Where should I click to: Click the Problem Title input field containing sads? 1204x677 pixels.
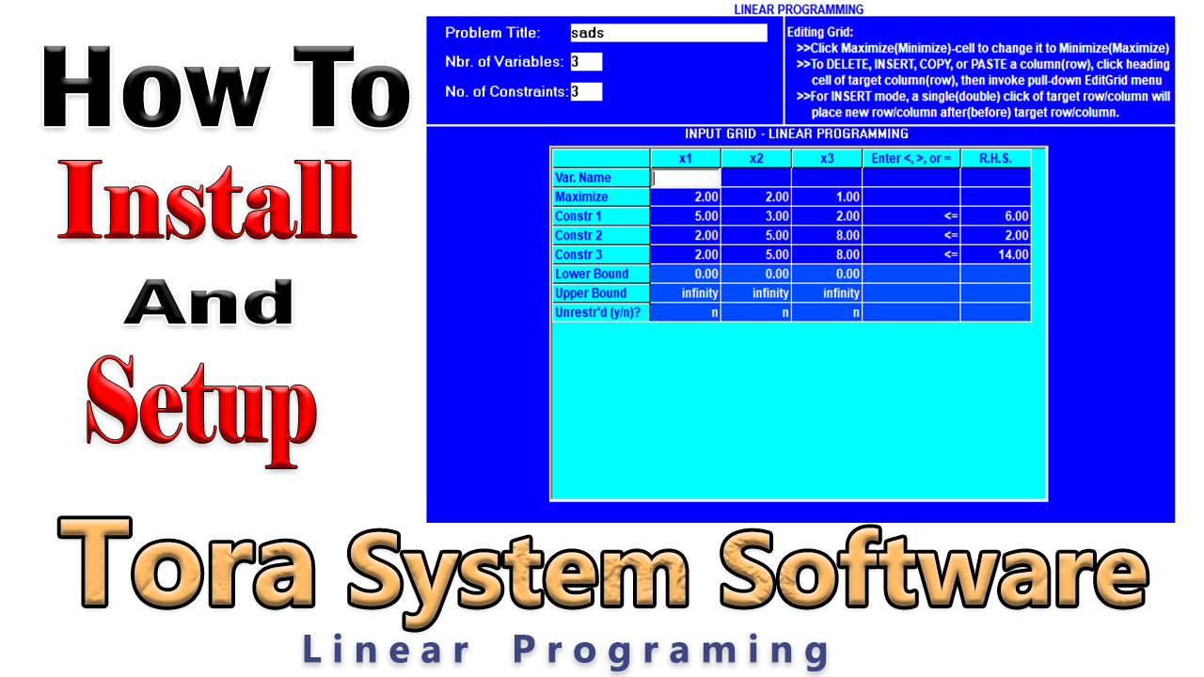tap(668, 33)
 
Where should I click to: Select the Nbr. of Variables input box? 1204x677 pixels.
tap(586, 62)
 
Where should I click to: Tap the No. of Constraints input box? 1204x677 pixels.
tap(586, 91)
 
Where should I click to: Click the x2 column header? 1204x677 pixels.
tap(756, 158)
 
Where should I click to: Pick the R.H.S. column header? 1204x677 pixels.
tap(995, 158)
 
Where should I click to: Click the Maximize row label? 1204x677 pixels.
tap(600, 197)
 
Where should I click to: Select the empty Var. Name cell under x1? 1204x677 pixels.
tap(686, 178)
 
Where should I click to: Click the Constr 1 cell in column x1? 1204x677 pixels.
tap(686, 216)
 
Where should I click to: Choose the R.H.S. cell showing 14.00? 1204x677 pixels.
tap(995, 255)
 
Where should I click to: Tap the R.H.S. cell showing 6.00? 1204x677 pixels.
tap(995, 216)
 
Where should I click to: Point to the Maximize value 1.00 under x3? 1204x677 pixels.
tap(827, 197)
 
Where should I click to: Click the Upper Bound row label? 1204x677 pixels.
tap(600, 293)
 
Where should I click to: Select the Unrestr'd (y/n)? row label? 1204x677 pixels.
tap(600, 312)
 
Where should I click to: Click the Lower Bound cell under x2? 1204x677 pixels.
tap(756, 274)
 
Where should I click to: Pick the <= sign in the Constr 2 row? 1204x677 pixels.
tap(911, 235)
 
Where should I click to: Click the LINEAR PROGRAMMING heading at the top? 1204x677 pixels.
tap(798, 9)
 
